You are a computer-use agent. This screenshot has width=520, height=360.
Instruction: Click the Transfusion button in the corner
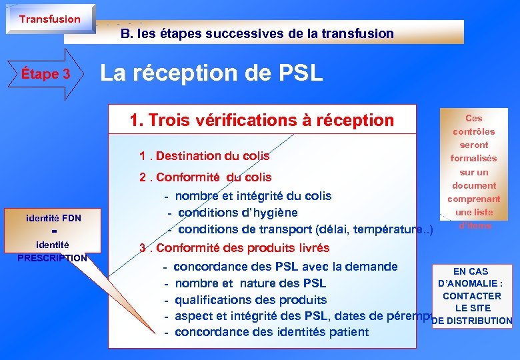[49, 19]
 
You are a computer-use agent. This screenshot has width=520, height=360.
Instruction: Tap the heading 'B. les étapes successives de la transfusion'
[257, 33]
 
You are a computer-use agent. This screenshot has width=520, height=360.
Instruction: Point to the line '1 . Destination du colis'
[204, 156]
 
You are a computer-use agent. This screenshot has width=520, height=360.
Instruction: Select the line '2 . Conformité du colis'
[205, 177]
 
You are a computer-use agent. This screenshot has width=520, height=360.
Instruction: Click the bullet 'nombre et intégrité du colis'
[253, 196]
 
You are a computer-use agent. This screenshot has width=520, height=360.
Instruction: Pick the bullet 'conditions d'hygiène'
[237, 213]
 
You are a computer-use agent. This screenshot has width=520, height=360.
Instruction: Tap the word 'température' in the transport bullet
[387, 230]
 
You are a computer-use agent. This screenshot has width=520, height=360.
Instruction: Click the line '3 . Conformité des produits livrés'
[234, 248]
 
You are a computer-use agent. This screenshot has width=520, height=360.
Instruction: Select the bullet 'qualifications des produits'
[250, 300]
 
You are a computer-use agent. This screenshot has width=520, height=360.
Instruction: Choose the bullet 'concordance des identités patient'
[271, 332]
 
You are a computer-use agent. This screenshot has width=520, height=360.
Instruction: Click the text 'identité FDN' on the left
[53, 217]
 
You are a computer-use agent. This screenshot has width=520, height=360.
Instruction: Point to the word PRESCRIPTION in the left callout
[52, 258]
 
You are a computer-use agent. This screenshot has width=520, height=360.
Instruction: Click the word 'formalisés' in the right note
[474, 159]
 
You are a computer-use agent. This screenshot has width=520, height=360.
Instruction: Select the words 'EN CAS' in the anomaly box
[471, 271]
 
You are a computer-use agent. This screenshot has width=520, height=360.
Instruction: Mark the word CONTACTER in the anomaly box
[472, 296]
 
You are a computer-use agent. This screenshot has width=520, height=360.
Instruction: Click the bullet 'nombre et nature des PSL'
[250, 283]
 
